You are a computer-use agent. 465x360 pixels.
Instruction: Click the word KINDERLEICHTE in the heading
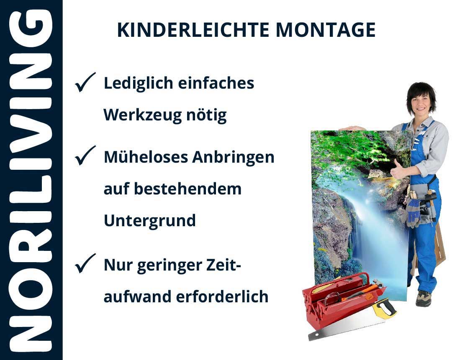click(193, 30)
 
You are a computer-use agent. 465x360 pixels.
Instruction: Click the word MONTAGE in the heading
click(326, 30)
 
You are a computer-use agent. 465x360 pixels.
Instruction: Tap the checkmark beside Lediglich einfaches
click(85, 82)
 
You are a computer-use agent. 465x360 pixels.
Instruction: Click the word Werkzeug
click(142, 115)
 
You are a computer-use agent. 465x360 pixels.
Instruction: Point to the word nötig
click(206, 115)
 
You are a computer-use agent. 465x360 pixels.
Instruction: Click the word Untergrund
click(150, 221)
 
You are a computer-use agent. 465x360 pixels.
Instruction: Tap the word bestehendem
click(188, 189)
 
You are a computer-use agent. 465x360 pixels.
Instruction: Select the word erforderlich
click(222, 296)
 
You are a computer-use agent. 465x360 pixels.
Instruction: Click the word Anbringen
click(233, 158)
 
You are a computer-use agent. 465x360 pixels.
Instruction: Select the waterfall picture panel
click(360, 213)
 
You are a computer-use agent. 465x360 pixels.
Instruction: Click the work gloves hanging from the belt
click(413, 212)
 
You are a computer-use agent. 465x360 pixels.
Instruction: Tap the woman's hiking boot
click(423, 298)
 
